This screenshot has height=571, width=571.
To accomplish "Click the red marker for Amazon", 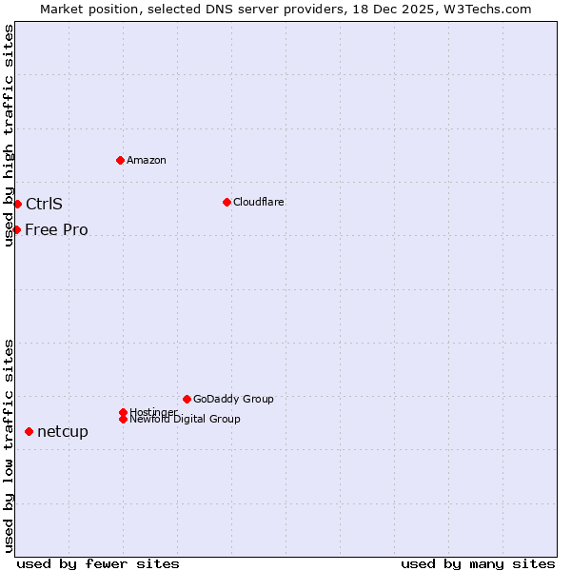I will point(120,160).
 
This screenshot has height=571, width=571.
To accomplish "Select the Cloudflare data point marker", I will point(226,202).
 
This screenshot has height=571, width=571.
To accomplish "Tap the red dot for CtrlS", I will point(17,204).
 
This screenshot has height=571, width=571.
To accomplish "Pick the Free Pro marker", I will point(16,229).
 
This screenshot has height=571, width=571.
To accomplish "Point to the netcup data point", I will point(29,431).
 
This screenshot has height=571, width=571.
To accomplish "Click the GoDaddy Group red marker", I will point(187,399).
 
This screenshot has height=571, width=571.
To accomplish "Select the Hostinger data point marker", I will point(123,412).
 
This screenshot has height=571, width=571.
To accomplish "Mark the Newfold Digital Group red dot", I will point(123,419).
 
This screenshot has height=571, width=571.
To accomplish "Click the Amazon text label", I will point(147,160).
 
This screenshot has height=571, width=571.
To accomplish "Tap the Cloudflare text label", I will point(259,202).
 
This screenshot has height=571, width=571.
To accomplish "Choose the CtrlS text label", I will point(44,204).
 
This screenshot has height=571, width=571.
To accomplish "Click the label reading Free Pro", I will point(56,229).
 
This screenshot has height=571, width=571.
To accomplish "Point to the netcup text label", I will point(63,431).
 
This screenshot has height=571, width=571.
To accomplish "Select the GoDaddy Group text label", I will point(233,399).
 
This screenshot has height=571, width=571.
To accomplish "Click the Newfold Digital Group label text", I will point(185,419).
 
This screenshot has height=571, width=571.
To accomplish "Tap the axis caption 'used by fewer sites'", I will point(98,563).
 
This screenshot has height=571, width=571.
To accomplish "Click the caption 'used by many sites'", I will point(478,563).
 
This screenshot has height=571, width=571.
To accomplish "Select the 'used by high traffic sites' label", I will point(9,135).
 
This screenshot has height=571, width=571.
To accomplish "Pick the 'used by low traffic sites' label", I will point(9,445).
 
